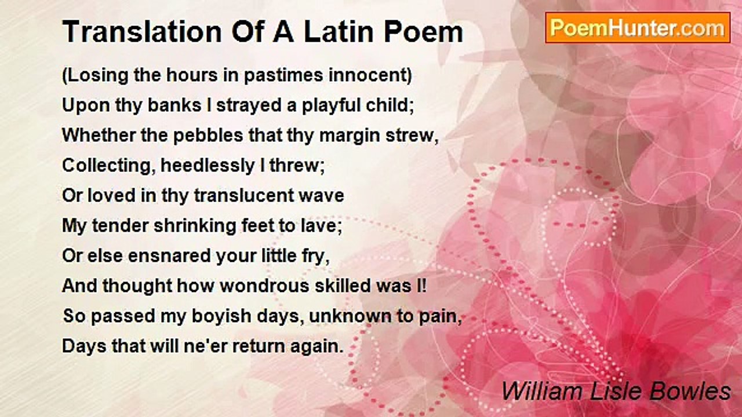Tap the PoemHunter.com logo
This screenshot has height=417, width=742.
coord(638,28)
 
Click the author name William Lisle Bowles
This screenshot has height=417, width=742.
coord(616,392)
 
